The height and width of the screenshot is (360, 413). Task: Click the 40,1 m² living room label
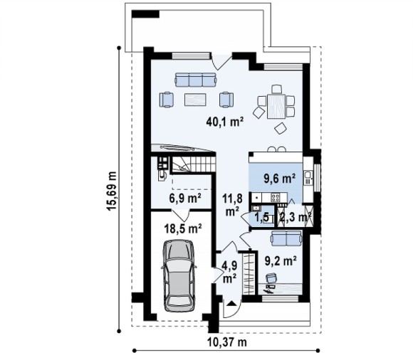225,122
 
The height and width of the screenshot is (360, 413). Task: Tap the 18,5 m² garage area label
183,228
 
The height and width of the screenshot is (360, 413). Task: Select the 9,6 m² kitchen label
279,179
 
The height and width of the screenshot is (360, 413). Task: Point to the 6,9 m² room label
185,198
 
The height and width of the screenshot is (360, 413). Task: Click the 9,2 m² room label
281,261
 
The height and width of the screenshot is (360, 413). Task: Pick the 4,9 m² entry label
229,272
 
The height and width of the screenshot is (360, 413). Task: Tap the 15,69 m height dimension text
111,191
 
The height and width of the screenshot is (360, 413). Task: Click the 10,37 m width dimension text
227,342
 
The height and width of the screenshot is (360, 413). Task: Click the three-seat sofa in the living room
196,80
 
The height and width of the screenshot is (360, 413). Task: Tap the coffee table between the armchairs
195,100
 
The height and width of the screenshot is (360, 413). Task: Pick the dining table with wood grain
276,106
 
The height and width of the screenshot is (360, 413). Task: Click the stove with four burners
276,197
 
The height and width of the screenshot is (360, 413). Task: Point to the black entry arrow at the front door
231,303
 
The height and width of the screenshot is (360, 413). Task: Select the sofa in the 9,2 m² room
286,238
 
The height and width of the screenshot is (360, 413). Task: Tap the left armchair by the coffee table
167,100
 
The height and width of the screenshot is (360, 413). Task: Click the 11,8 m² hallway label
232,205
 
